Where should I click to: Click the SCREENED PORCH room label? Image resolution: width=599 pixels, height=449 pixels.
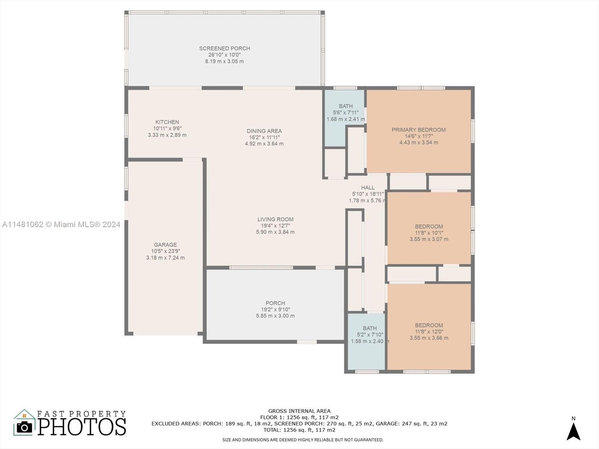(224, 48)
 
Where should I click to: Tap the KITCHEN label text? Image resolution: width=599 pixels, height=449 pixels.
(167, 122)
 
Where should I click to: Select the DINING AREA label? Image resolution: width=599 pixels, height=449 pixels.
(264, 131)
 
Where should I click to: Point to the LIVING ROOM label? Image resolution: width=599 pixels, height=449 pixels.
(275, 219)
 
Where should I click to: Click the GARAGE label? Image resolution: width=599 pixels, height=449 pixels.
(165, 245)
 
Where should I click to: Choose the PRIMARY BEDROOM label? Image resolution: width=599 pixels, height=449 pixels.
(419, 130)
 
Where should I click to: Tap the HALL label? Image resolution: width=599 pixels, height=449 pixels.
(368, 187)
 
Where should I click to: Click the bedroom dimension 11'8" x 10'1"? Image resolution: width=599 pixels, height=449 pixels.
(429, 233)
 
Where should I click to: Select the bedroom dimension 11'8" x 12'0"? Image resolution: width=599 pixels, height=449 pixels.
(429, 332)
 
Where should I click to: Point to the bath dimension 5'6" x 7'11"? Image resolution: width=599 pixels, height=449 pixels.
(346, 112)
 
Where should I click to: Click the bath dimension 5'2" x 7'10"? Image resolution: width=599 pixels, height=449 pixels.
(370, 335)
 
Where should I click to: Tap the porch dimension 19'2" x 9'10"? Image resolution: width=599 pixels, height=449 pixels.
(275, 309)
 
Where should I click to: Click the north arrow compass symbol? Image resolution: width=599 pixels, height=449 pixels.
(573, 431)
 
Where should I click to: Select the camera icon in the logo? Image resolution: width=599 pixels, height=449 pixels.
(24, 427)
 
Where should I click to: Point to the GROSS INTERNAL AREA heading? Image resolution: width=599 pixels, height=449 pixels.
(299, 411)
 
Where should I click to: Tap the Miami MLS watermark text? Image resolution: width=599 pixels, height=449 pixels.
(61, 224)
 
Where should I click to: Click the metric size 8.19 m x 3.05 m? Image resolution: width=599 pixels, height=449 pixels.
(224, 61)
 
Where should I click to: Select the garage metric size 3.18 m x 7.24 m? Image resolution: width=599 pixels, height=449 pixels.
(165, 258)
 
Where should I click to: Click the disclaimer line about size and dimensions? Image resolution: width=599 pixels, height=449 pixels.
(302, 440)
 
